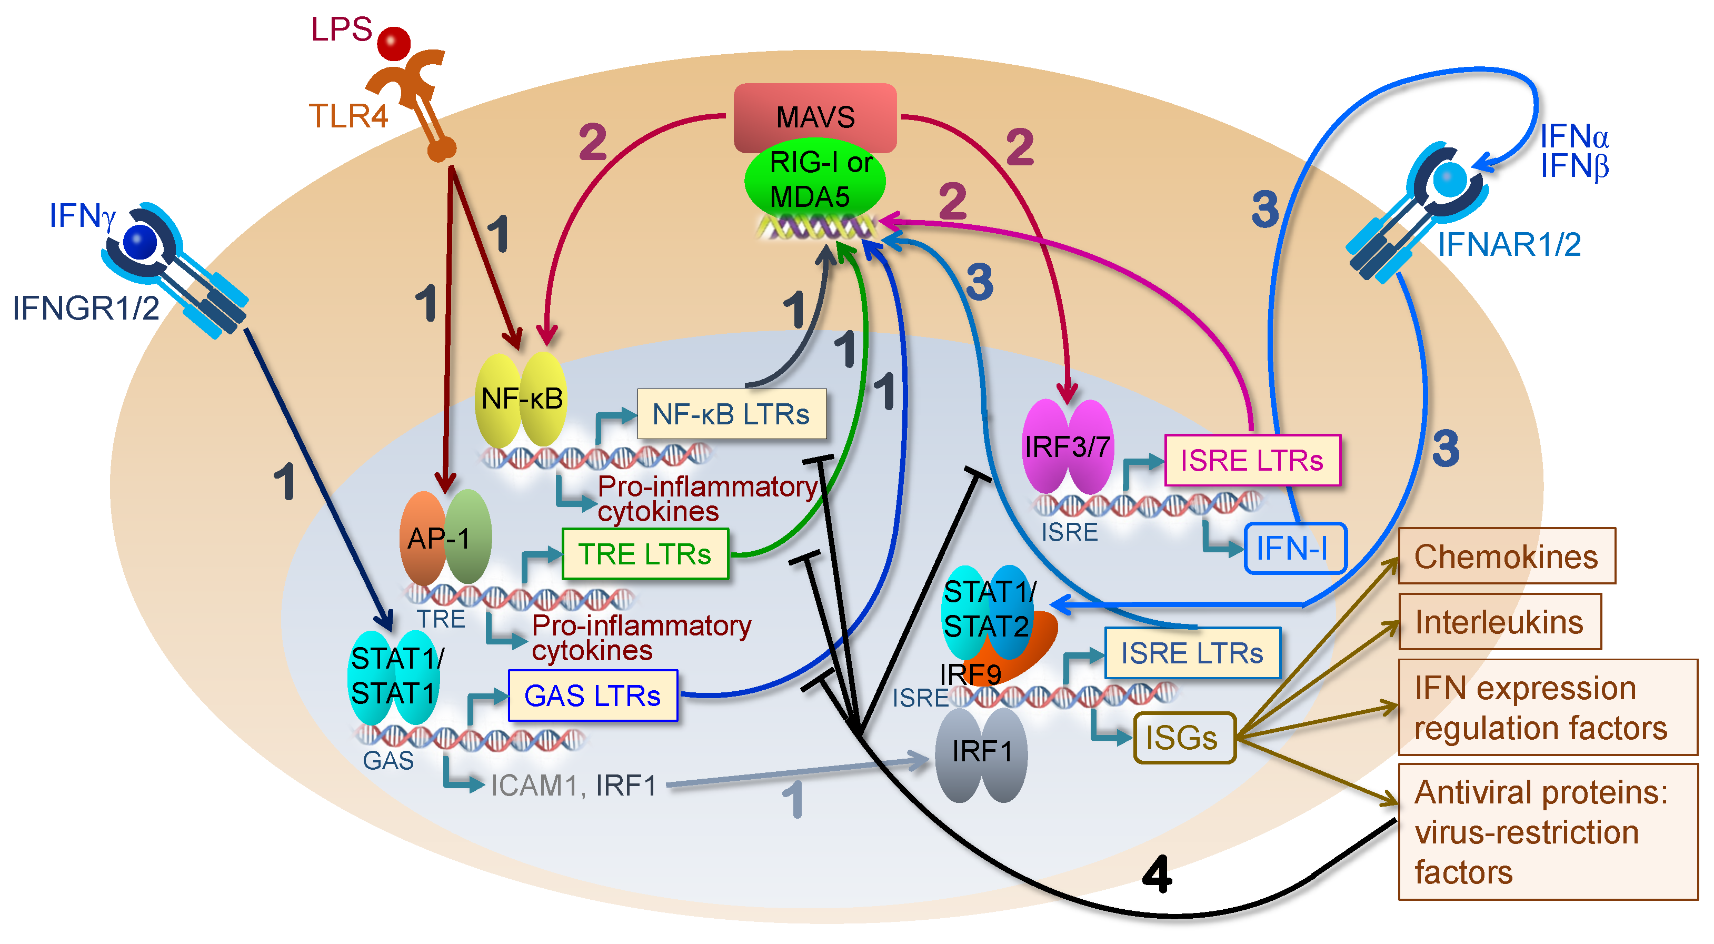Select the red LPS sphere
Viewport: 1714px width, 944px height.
point(393,43)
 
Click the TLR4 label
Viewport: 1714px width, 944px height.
point(348,116)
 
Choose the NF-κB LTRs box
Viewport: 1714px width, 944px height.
point(731,414)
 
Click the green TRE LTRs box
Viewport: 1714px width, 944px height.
point(645,553)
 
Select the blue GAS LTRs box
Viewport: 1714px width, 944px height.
point(592,695)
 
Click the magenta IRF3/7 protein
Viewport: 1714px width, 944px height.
point(1067,446)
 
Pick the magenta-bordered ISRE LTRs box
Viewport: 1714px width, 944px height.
point(1252,460)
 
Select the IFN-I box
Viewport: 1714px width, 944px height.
point(1294,548)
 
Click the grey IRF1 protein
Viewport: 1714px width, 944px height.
point(981,752)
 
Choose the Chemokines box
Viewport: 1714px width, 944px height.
point(1506,556)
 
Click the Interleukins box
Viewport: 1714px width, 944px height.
point(1499,622)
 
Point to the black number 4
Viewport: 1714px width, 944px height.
point(1157,873)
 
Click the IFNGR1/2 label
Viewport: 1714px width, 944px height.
point(86,308)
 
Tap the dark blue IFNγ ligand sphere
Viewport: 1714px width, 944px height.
point(139,242)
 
